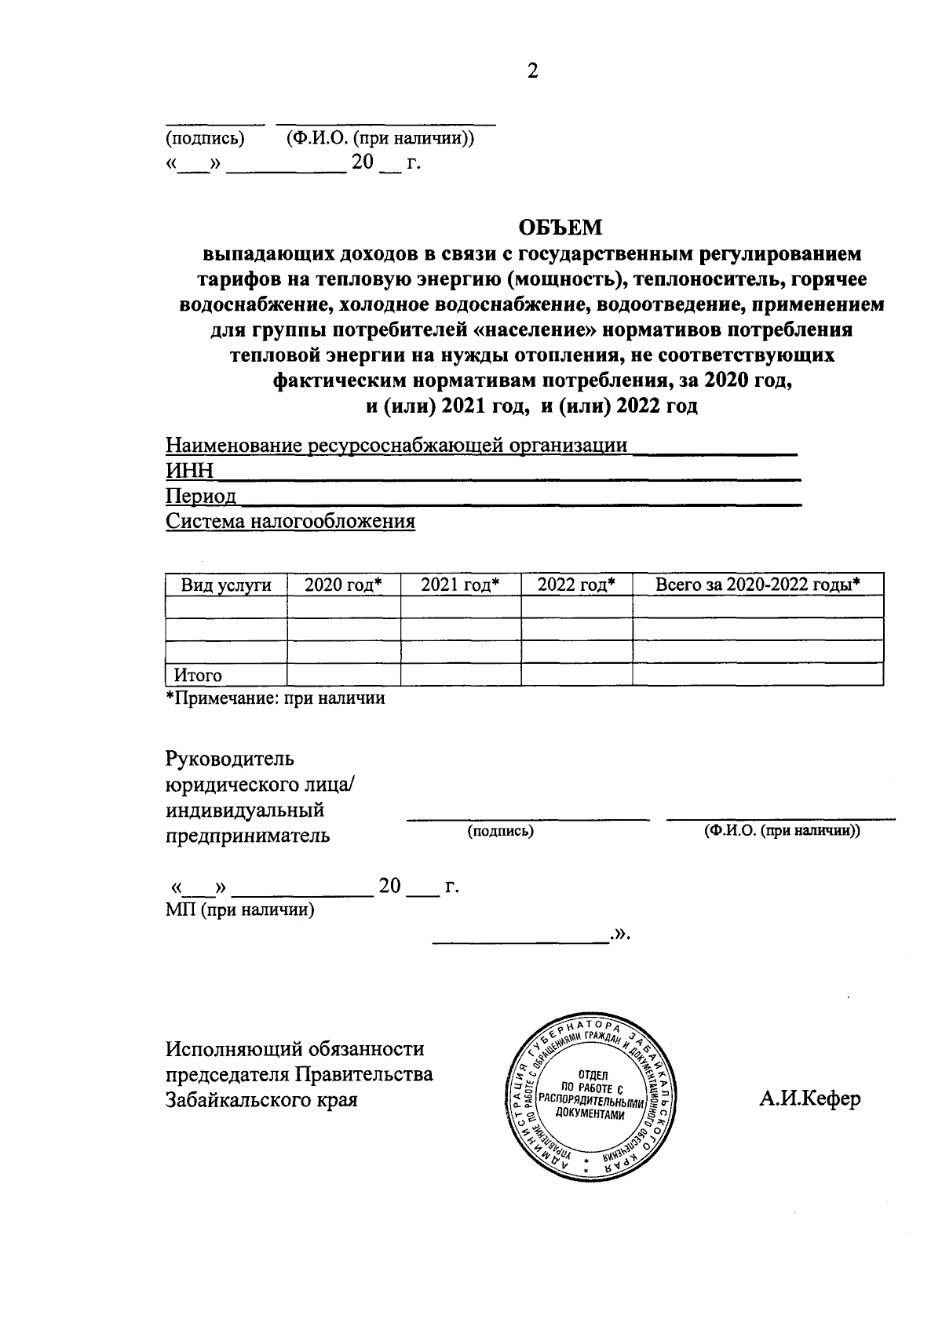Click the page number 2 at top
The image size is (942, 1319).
click(x=533, y=71)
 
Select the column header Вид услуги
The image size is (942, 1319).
click(x=226, y=585)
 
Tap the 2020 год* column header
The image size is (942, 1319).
click(x=343, y=585)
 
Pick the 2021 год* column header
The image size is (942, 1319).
click(x=460, y=585)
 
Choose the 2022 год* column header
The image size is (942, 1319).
click(x=576, y=585)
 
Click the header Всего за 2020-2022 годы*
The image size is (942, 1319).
click(x=758, y=585)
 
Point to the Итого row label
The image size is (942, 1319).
click(x=198, y=675)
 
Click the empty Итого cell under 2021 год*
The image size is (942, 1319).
click(x=460, y=675)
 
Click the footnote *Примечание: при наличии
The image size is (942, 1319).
click(x=275, y=698)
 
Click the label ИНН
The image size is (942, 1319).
click(x=189, y=471)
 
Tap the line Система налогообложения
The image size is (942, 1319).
click(x=290, y=521)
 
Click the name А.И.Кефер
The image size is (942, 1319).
click(x=809, y=1098)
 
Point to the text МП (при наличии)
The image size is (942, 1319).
click(x=239, y=909)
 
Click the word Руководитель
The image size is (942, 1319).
click(x=229, y=759)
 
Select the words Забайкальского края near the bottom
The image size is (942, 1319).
click(x=261, y=1099)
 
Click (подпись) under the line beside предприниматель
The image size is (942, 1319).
click(x=500, y=831)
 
